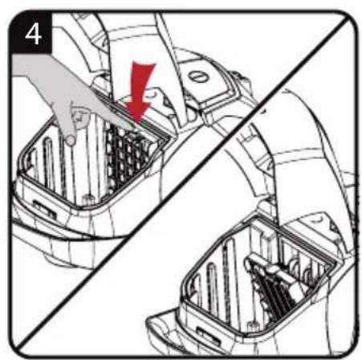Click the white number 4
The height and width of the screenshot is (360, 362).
(x=33, y=35)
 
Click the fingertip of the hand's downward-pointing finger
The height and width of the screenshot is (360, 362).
(x=71, y=140)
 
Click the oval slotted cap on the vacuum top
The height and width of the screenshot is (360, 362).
(x=198, y=77)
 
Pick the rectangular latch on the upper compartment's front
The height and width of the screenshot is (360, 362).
(x=44, y=209)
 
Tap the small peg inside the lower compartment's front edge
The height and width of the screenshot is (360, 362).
(x=251, y=327)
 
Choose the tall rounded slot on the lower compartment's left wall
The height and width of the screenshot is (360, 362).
(x=214, y=284)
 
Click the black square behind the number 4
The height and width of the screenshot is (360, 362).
(x=31, y=33)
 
